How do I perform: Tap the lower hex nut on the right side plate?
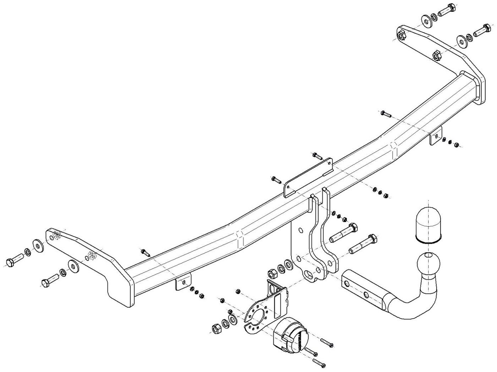coord(437,55)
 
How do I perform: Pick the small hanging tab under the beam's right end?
coord(436,136)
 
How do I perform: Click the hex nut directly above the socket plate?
coord(272,273)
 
